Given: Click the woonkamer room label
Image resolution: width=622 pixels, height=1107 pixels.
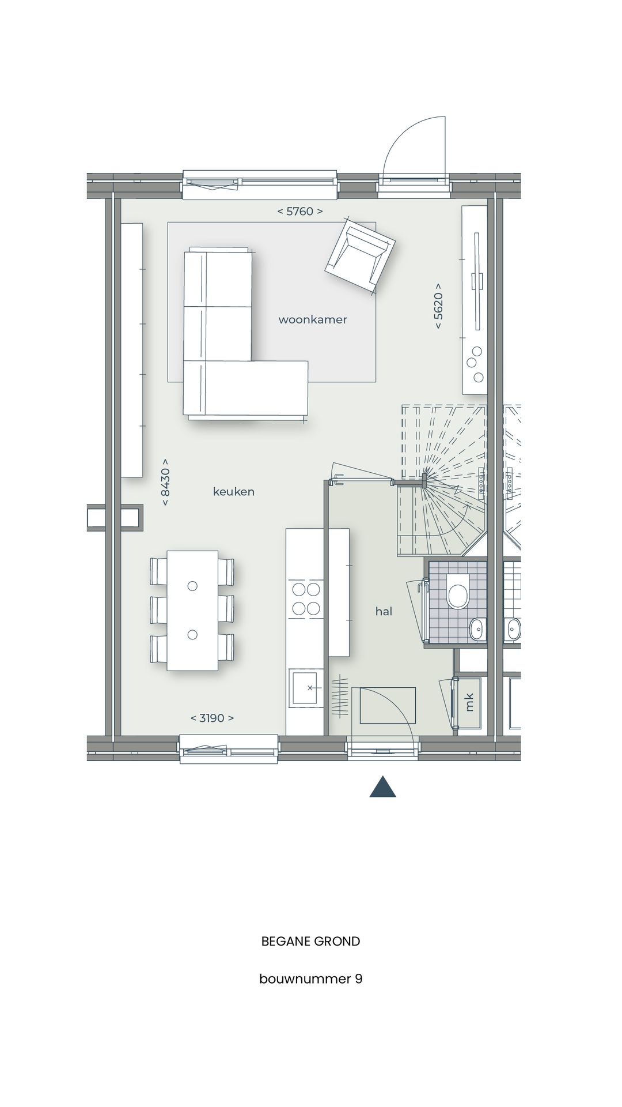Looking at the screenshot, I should pyautogui.click(x=313, y=319).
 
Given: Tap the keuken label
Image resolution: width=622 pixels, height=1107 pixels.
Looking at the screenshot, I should pyautogui.click(x=233, y=492).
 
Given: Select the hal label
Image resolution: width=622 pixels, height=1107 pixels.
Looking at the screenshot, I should pyautogui.click(x=384, y=611).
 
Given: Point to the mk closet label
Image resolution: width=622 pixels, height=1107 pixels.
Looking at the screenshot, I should pyautogui.click(x=469, y=702).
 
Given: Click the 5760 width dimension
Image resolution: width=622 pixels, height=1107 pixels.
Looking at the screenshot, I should pyautogui.click(x=300, y=212).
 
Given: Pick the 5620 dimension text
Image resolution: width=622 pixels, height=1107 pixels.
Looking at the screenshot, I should pyautogui.click(x=439, y=306).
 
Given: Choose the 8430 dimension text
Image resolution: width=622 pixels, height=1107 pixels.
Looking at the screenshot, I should pyautogui.click(x=165, y=482).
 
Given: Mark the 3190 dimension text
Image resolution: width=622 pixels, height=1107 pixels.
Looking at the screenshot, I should pyautogui.click(x=212, y=718).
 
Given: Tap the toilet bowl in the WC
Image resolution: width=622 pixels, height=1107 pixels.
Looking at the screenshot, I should pyautogui.click(x=458, y=596).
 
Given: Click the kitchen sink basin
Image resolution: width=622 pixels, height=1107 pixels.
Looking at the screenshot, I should pyautogui.click(x=306, y=687).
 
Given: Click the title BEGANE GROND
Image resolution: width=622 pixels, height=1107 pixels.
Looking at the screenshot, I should pyautogui.click(x=310, y=942).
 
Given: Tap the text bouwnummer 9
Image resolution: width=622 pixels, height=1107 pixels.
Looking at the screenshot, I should pyautogui.click(x=310, y=978).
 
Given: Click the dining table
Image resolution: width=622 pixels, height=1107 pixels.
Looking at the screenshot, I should pyautogui.click(x=192, y=610).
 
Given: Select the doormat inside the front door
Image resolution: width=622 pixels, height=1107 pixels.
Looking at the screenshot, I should pyautogui.click(x=388, y=705).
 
